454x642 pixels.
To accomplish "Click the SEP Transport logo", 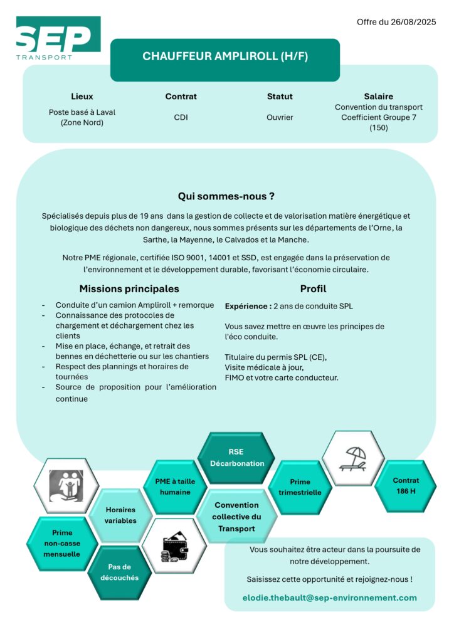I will [58, 39].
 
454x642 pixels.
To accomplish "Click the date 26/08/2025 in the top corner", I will [413, 22].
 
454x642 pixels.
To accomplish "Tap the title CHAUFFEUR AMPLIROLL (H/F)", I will [225, 56].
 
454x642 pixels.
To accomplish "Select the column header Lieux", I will [82, 97].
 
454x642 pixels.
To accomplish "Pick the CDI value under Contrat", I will [181, 117].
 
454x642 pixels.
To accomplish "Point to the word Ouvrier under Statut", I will [280, 117].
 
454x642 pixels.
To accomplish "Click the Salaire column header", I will [378, 97].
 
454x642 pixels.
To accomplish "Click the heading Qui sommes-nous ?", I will [226, 196].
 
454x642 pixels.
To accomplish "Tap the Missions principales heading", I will [129, 289].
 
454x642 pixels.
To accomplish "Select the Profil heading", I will [313, 289].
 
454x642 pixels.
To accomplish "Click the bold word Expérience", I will [247, 307].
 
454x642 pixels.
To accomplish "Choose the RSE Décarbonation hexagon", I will [236, 458].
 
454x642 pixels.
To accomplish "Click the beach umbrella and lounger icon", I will [353, 459].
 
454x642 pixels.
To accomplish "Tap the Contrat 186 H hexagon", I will [406, 486].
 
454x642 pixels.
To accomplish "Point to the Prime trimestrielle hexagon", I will [300, 487].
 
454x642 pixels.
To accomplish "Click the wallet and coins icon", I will [174, 545].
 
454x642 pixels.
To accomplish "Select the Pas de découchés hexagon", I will [119, 572].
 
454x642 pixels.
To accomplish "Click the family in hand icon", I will [66, 487].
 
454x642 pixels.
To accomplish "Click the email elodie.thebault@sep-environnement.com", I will [329, 597].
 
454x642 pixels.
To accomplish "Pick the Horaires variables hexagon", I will [120, 515].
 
